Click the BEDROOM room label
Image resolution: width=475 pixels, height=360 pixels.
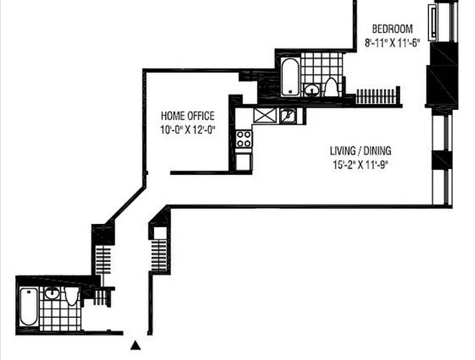click(x=392, y=29)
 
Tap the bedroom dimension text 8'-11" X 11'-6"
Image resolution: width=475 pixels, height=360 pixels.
click(x=392, y=43)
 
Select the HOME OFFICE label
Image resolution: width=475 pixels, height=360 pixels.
click(x=188, y=116)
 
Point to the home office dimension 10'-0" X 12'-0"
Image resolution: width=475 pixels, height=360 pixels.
click(x=188, y=130)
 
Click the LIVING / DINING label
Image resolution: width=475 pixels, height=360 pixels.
click(x=361, y=150)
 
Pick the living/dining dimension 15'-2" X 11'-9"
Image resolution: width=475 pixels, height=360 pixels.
click(x=361, y=165)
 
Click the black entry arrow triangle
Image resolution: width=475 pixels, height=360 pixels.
click(x=136, y=345)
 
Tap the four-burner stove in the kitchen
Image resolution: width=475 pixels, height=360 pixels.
click(x=244, y=139)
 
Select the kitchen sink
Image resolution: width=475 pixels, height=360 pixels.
click(x=288, y=116)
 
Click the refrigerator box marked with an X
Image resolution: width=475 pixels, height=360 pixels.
click(x=265, y=116)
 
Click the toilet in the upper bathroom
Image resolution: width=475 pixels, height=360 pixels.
click(x=331, y=87)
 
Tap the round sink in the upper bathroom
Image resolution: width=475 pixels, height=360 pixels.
click(x=312, y=91)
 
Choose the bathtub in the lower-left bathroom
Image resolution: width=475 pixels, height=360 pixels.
click(x=29, y=306)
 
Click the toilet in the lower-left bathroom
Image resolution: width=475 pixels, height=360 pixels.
click(x=72, y=296)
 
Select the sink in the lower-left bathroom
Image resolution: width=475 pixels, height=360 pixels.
click(x=52, y=293)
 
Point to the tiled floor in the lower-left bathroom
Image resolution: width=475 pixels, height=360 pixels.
click(x=60, y=315)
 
